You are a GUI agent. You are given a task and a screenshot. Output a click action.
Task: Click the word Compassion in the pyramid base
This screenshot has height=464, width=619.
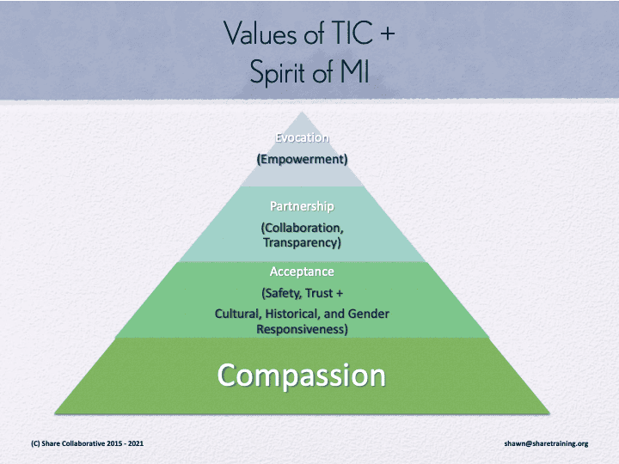point(301,375)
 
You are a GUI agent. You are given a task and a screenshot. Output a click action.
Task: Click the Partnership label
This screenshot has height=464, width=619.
point(301,207)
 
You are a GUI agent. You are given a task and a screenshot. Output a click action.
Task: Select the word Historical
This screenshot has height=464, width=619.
point(291,314)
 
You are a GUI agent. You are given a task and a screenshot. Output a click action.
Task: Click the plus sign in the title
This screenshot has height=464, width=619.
point(389,34)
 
